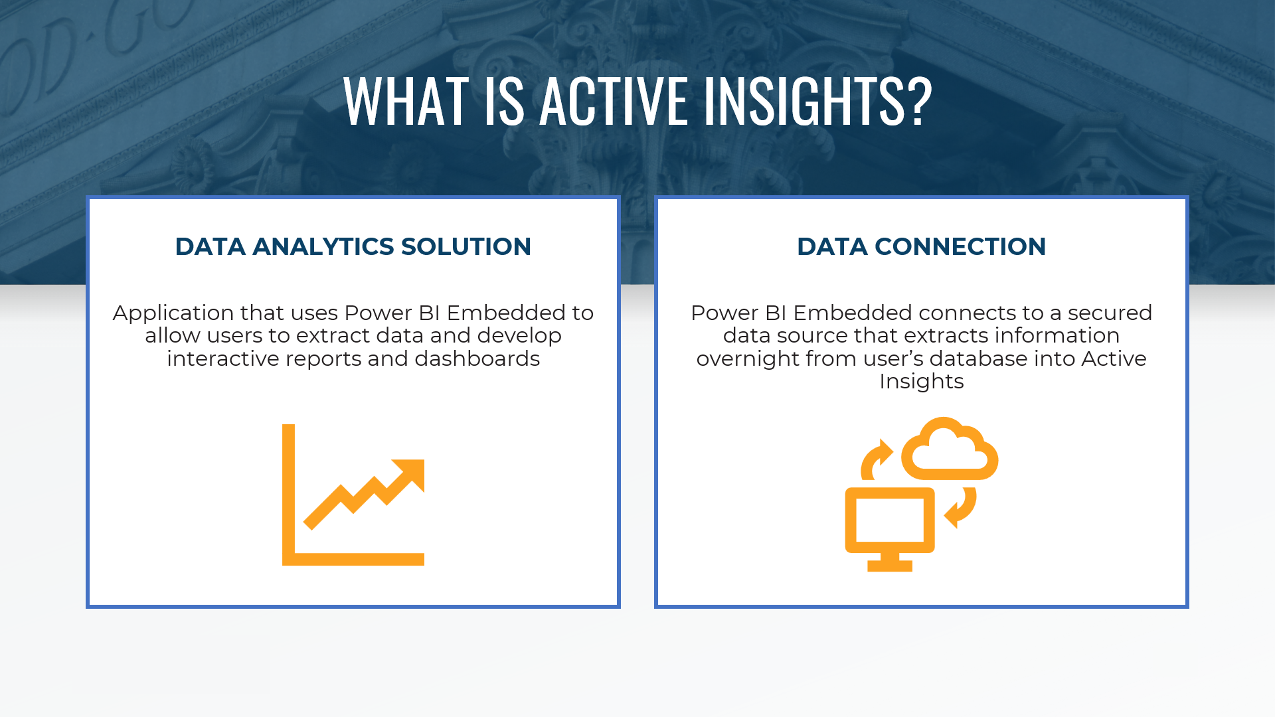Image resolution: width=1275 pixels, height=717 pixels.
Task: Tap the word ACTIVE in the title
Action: click(x=614, y=101)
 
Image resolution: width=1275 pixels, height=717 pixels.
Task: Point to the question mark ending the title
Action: click(x=920, y=101)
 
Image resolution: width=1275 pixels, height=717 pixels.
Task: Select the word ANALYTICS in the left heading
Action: click(x=323, y=246)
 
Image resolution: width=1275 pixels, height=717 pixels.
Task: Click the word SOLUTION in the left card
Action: click(x=466, y=246)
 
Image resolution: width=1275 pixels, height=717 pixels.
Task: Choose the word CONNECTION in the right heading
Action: click(x=960, y=246)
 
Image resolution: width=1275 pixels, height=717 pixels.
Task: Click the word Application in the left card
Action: click(x=173, y=313)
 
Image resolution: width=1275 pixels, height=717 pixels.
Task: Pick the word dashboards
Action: click(x=477, y=358)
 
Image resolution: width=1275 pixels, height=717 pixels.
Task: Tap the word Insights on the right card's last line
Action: click(x=921, y=382)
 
